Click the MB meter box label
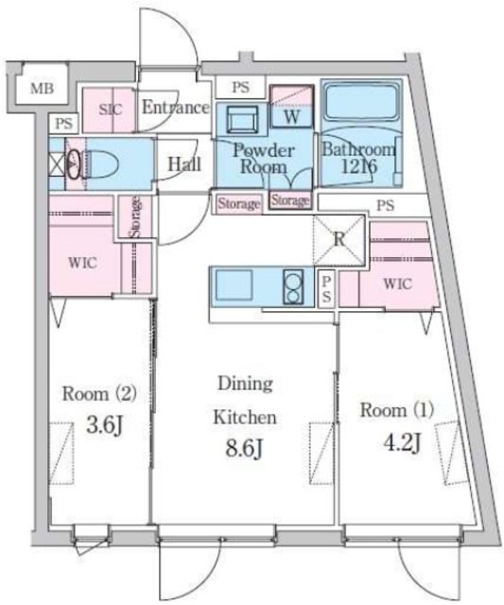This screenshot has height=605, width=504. click(42, 89)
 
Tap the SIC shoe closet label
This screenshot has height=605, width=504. click(111, 110)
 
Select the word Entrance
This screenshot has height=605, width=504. click(176, 107)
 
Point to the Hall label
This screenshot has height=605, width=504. click(184, 164)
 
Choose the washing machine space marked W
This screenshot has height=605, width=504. click(292, 116)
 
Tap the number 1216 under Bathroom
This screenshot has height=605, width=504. click(359, 166)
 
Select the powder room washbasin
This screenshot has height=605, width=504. click(242, 120)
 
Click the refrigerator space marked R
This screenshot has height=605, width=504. click(339, 239)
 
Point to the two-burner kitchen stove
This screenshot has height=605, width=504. click(293, 285)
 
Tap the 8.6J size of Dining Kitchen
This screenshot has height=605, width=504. click(245, 448)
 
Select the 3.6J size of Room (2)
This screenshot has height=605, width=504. click(104, 425)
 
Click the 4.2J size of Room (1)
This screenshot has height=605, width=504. click(402, 442)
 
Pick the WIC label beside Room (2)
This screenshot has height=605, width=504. click(82, 263)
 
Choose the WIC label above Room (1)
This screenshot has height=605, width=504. click(397, 284)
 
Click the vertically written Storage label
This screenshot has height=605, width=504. click(135, 216)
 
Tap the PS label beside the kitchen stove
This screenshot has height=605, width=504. click(326, 289)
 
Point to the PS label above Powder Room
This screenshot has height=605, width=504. click(240, 87)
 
